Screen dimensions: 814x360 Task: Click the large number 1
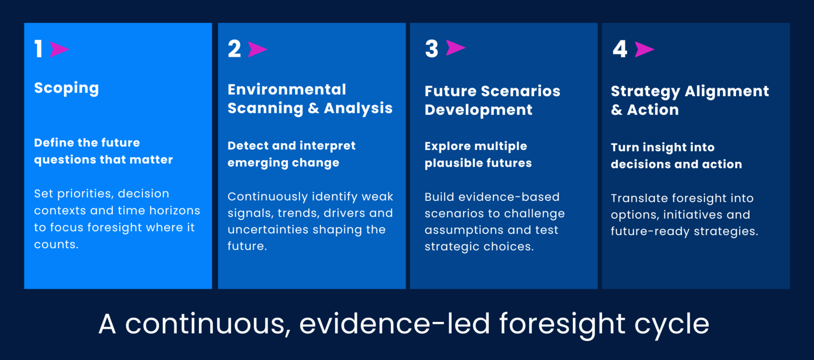pos(39,49)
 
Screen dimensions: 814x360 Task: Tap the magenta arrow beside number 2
pos(257,49)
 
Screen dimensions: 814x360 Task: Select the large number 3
pos(432,49)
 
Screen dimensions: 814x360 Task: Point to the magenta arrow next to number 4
pos(645,49)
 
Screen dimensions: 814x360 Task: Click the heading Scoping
pos(67,88)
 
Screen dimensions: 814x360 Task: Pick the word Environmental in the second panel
pos(287,89)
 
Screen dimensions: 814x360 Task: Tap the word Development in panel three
pos(479,110)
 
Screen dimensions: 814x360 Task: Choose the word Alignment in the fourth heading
pos(727,92)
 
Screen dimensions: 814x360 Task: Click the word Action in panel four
pos(653,110)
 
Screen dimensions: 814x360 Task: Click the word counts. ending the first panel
pos(56,245)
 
